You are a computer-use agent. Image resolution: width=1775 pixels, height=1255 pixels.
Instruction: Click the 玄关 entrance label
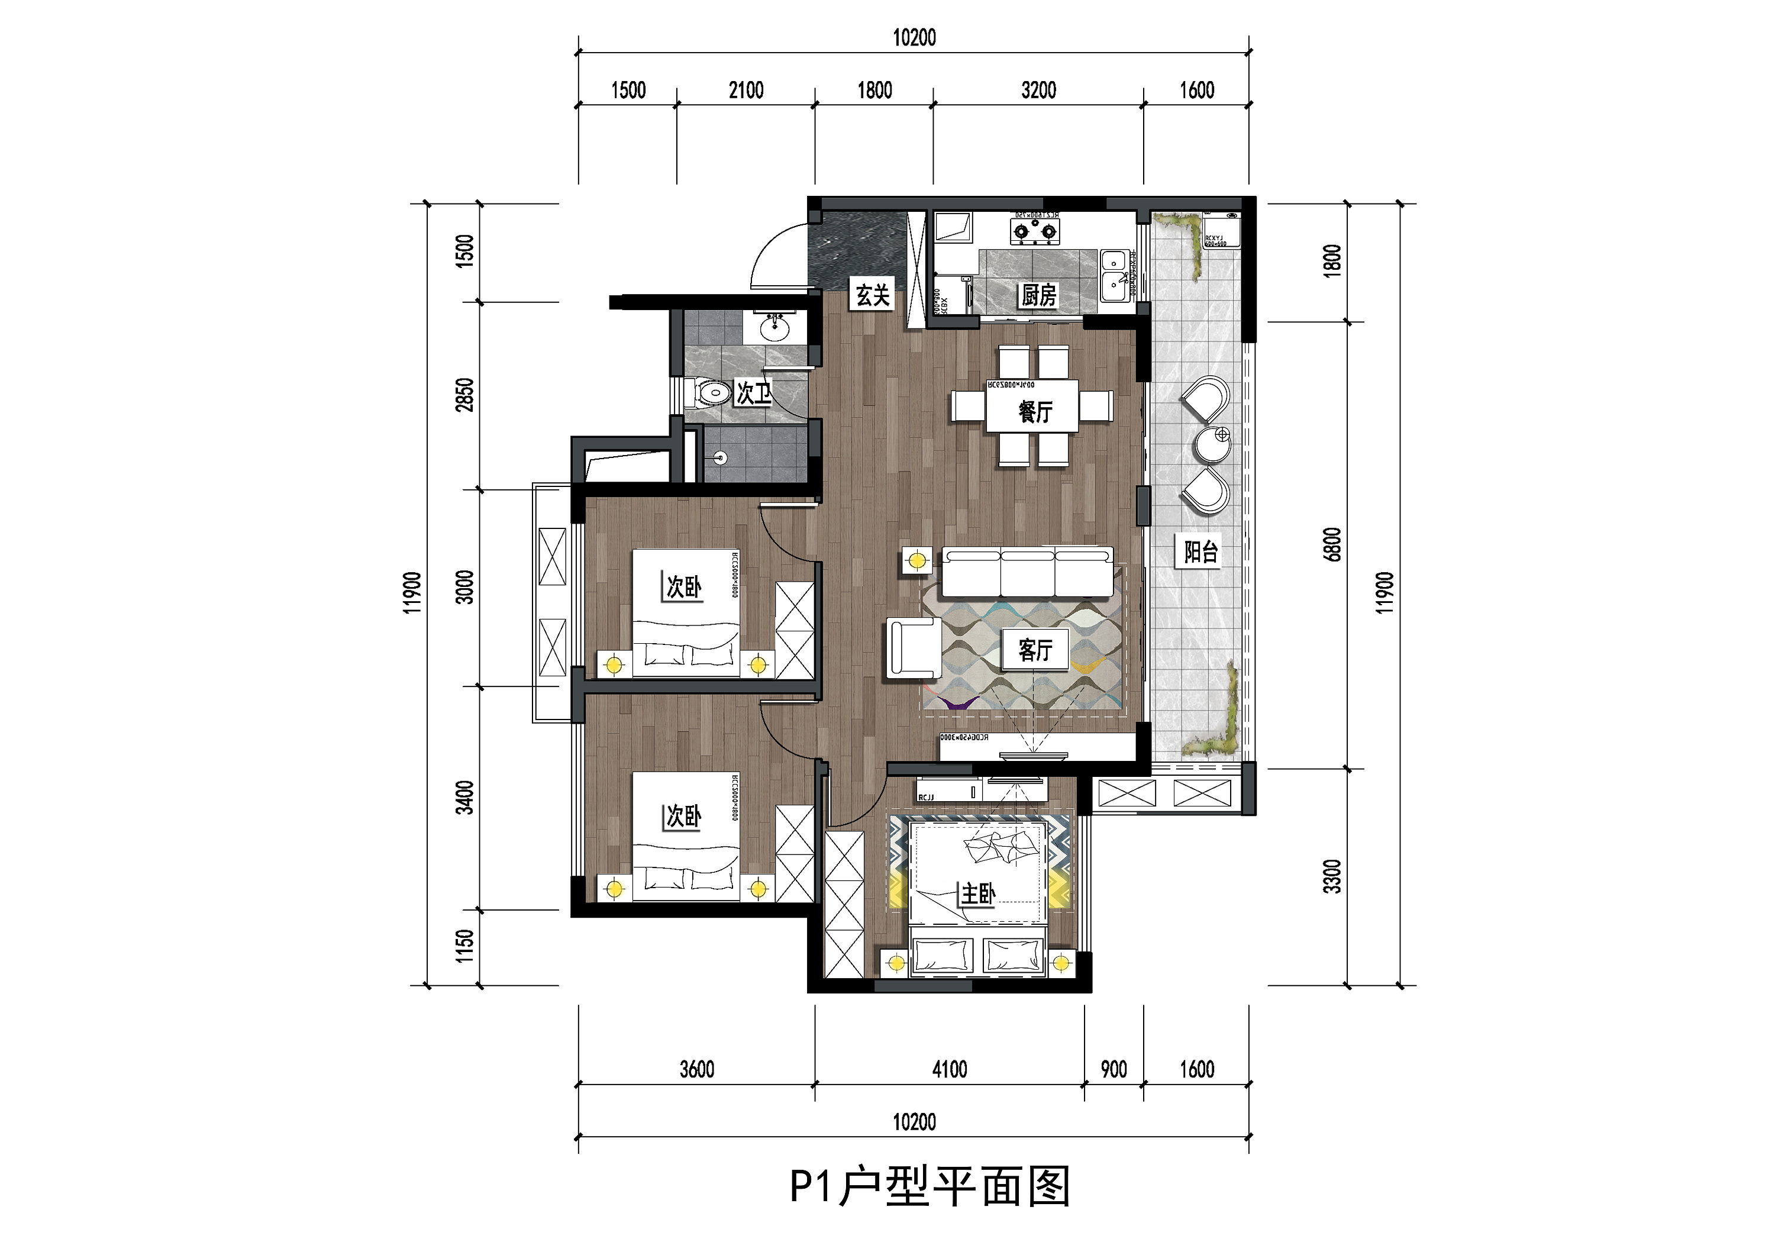(873, 295)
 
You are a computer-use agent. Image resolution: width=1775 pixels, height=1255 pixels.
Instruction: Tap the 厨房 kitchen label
(1038, 295)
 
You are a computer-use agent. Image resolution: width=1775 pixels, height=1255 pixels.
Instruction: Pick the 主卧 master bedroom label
(977, 894)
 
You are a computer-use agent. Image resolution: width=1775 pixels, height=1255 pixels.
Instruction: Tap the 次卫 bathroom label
(753, 393)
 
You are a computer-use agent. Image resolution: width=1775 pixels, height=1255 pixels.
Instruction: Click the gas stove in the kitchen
(1034, 230)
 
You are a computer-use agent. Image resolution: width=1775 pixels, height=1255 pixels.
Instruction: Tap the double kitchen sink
(1114, 274)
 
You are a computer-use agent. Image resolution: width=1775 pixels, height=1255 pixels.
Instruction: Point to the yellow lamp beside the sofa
(918, 560)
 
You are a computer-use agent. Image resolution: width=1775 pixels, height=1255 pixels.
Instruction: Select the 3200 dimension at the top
(1038, 91)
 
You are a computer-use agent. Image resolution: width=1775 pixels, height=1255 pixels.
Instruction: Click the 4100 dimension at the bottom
(950, 1069)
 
